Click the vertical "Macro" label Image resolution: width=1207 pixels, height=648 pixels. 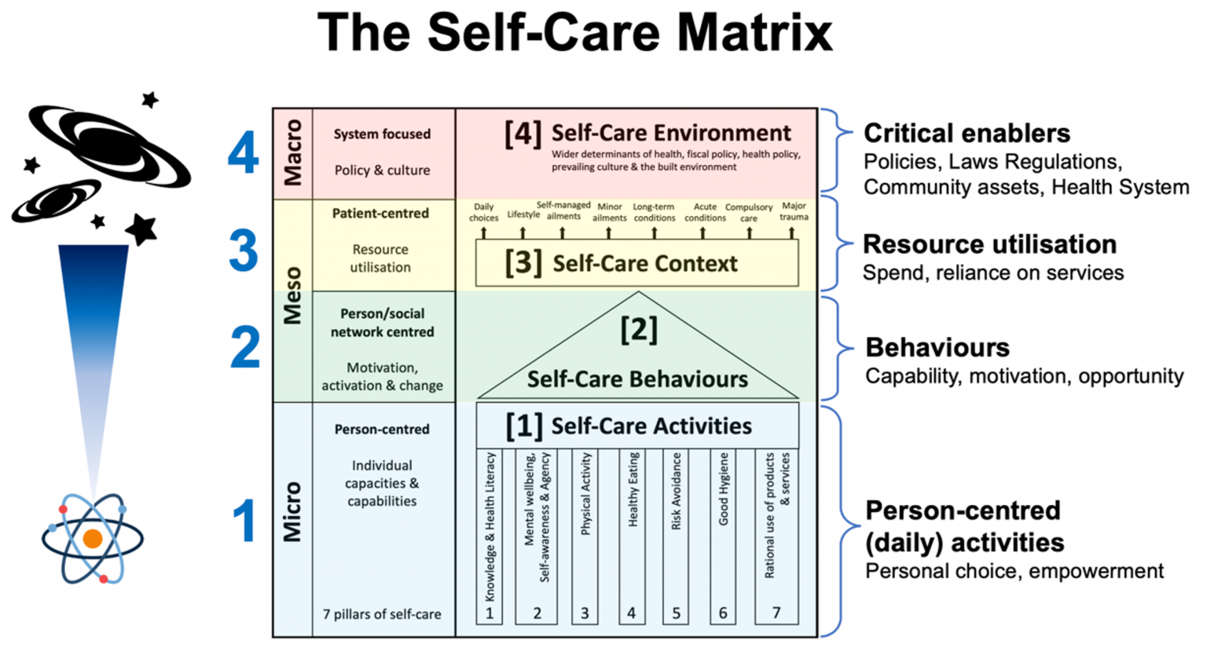click(293, 152)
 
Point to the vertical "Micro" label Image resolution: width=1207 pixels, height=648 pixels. click(292, 511)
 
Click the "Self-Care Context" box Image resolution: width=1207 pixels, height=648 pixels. click(637, 263)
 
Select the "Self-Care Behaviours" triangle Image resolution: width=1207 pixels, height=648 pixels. click(638, 346)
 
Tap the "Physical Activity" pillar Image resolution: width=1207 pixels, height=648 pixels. click(585, 537)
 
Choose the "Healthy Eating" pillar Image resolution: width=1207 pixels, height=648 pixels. click(633, 537)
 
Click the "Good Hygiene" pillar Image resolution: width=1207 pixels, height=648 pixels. click(724, 537)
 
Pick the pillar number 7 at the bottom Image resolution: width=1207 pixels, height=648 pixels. click(776, 613)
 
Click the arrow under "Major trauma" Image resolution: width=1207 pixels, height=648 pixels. click(791, 232)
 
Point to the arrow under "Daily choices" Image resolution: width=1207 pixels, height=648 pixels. click(483, 232)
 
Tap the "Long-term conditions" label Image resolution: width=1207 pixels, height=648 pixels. click(654, 212)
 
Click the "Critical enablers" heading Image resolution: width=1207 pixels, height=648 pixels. click(967, 133)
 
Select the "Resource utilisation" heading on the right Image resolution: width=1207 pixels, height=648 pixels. click(990, 244)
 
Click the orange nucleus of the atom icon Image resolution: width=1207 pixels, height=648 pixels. click(93, 539)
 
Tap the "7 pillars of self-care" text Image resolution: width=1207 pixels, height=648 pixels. click(381, 614)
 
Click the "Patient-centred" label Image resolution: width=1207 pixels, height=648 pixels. click(380, 214)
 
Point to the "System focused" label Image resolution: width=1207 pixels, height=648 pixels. click(382, 134)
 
